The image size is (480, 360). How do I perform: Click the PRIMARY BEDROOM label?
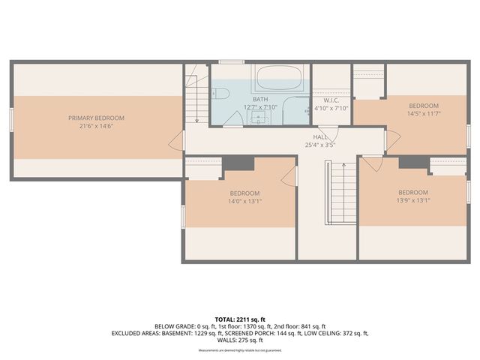(96, 118)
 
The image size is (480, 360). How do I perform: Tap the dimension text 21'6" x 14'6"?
(96, 126)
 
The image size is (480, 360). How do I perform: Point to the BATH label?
(260, 99)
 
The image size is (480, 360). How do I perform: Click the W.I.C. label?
(332, 100)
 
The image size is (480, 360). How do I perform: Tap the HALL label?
(320, 137)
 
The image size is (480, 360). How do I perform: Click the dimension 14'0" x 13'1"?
(244, 201)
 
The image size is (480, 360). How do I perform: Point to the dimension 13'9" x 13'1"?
(413, 200)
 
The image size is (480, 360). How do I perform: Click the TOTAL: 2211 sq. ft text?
(239, 319)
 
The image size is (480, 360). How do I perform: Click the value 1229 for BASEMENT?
(190, 333)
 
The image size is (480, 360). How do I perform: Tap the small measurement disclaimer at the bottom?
(239, 349)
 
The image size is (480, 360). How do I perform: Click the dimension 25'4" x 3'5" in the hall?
(320, 145)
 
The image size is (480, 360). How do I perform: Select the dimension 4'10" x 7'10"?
(332, 107)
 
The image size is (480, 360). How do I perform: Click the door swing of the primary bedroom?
(178, 140)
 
